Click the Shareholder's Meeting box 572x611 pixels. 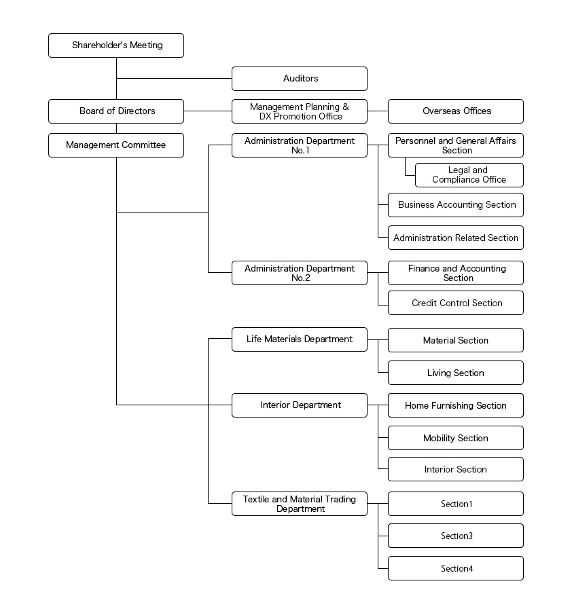pos(116,45)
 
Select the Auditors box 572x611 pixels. pos(300,79)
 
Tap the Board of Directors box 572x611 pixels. pos(116,111)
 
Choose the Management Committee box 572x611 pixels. pos(116,145)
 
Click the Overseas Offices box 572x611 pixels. pos(456,111)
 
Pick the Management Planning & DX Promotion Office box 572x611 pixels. pos(300,111)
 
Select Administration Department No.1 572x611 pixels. pos(300,145)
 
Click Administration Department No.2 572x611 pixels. pos(300,273)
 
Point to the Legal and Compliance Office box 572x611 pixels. pos(469,175)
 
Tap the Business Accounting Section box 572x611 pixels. pos(456,205)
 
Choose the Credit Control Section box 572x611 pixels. pos(456,303)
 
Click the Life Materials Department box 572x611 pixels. pos(300,339)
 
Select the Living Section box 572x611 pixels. pos(456,373)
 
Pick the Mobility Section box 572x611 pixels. pos(456,439)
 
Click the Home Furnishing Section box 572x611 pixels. pos(456,406)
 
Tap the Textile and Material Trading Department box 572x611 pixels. pos(300,504)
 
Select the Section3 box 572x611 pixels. pos(456,536)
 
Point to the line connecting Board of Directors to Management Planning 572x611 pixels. pos(207,111)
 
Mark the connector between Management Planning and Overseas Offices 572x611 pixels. pos(378,111)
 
